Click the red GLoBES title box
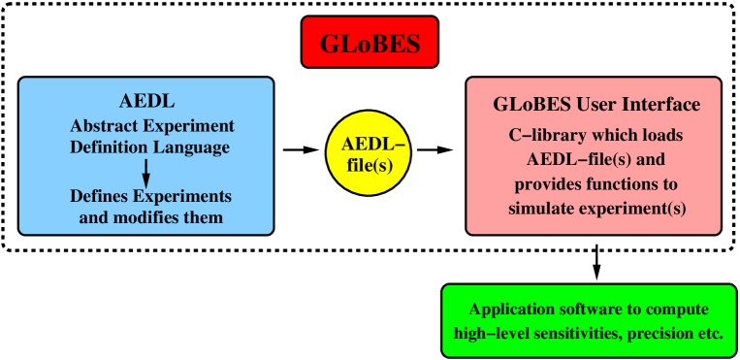pos(370,42)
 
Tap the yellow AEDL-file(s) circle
pos(368,154)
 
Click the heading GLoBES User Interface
pos(594,104)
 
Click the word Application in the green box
pos(509,310)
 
